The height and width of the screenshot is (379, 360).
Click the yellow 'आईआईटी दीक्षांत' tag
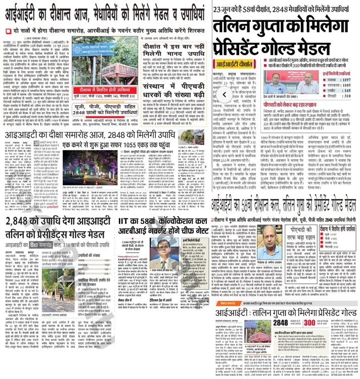(x=236, y=64)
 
